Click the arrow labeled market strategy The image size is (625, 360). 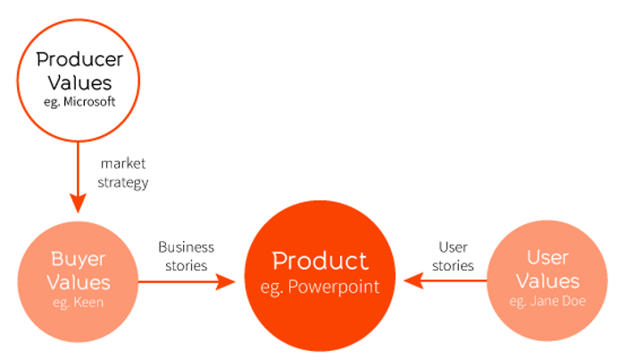click(x=78, y=174)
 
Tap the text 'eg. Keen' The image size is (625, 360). click(x=78, y=302)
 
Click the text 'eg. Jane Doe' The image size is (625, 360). click(x=547, y=301)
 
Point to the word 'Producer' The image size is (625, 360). click(x=78, y=60)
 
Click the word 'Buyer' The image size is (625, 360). click(x=78, y=259)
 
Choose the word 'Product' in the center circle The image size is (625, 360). click(x=320, y=261)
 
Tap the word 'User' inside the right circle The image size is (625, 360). click(x=547, y=258)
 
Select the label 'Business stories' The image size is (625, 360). click(x=185, y=255)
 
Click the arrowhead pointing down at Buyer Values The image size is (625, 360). click(x=78, y=203)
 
